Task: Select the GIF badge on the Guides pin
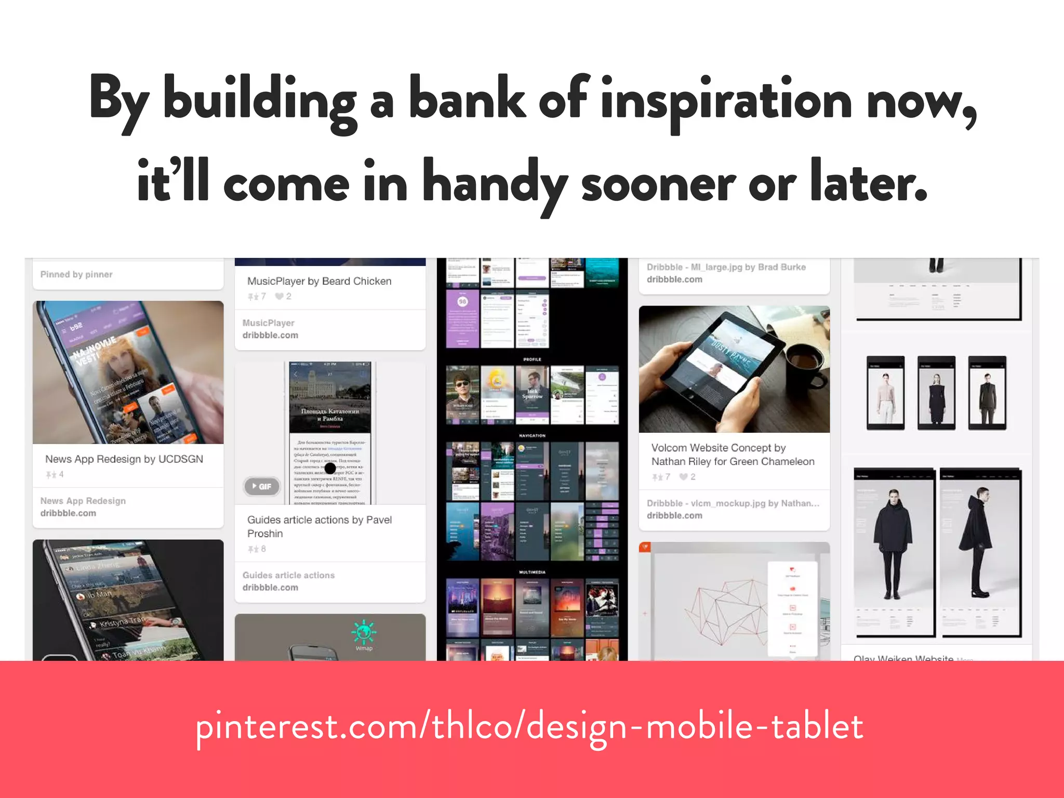point(262,486)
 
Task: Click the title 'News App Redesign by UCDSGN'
point(124,459)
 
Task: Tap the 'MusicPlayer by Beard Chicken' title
point(319,281)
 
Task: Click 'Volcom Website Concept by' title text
point(718,448)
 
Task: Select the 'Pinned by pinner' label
point(76,274)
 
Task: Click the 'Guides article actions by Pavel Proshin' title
point(319,526)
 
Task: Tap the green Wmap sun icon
point(364,632)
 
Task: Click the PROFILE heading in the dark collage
point(532,360)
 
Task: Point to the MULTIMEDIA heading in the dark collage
point(532,572)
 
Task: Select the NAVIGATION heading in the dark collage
point(532,436)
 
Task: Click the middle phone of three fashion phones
point(936,393)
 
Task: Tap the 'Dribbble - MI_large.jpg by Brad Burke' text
point(726,267)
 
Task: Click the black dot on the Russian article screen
point(330,469)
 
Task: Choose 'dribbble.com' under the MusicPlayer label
point(270,336)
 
